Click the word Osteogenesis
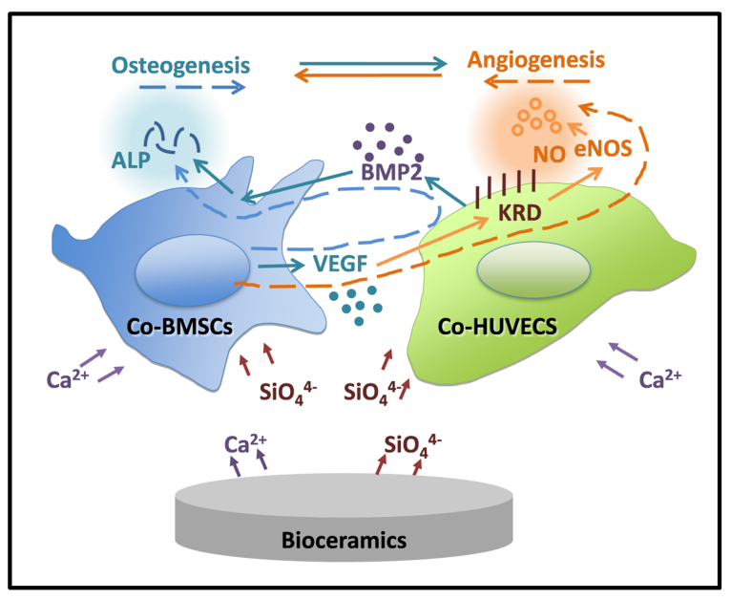coord(181,66)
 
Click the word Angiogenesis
coord(536,60)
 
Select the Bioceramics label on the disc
coord(345,540)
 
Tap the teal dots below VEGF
coord(355,303)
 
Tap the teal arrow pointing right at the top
coord(371,64)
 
